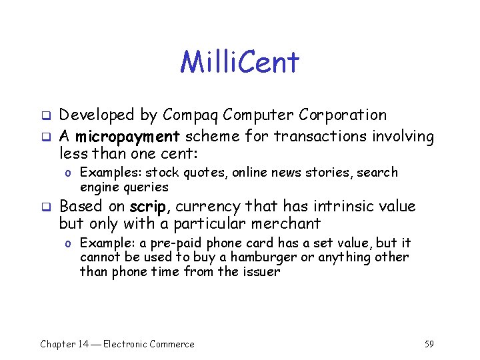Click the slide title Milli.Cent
point(240,63)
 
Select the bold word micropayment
point(127,137)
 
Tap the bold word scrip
point(151,206)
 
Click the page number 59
point(429,344)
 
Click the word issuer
point(261,271)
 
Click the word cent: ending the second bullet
point(179,154)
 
